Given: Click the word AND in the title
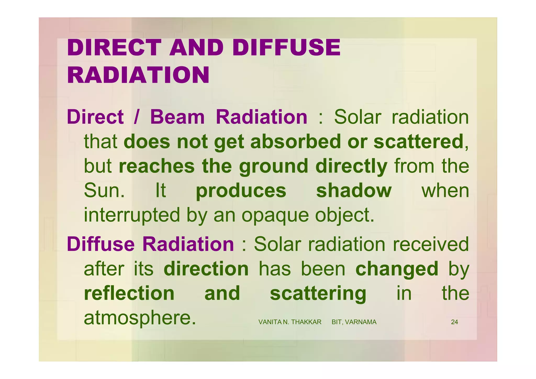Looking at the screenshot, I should (196, 48).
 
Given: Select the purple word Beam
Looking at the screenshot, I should (177, 117).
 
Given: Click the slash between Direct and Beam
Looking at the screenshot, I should (136, 117).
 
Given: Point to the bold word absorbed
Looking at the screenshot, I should (295, 142).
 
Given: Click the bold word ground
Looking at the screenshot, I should (273, 166).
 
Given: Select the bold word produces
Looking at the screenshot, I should (241, 191).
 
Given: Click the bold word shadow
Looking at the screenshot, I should (354, 191).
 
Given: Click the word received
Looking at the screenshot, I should (431, 244).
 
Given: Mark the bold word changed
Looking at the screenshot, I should (397, 269).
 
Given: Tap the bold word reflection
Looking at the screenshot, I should (129, 293).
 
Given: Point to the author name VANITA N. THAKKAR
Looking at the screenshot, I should (290, 322).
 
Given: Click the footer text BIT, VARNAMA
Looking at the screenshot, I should (354, 322).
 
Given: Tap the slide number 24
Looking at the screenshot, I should (454, 322).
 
